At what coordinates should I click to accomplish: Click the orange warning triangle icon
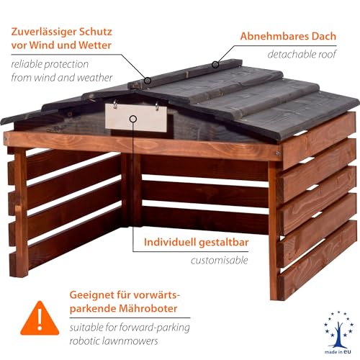click(x=40, y=319)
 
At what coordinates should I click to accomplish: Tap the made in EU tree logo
click(x=338, y=332)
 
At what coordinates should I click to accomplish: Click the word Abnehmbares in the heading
click(x=274, y=36)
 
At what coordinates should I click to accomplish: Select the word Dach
click(x=324, y=36)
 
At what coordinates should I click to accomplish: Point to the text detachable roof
click(x=302, y=54)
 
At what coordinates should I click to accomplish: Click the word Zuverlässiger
click(x=43, y=32)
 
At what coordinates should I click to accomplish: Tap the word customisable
click(x=219, y=260)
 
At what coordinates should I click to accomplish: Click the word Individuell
click(x=170, y=242)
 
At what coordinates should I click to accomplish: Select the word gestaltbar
click(x=224, y=243)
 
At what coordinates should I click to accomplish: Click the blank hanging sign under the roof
click(x=136, y=118)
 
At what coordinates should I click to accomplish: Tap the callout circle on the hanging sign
click(x=133, y=119)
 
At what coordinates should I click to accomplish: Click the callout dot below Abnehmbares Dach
click(x=215, y=64)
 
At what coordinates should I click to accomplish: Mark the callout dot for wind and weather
click(x=148, y=81)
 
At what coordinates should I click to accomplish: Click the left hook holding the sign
click(x=115, y=104)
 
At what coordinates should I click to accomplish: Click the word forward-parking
click(x=154, y=328)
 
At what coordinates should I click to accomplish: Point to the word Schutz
click(x=96, y=32)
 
